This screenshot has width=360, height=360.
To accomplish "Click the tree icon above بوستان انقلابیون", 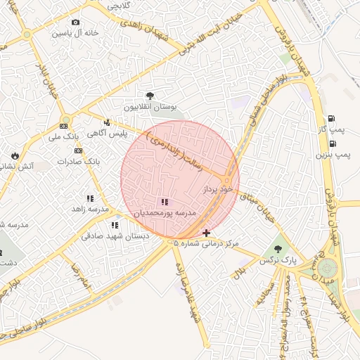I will pyautogui.click(x=149, y=96).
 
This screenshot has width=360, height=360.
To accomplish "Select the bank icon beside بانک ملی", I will pyautogui.click(x=65, y=126).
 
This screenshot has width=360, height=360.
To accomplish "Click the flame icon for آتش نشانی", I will pyautogui.click(x=15, y=155).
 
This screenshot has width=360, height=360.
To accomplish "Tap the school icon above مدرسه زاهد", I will pyautogui.click(x=90, y=199).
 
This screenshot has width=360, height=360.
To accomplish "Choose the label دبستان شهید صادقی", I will pyautogui.click(x=115, y=237).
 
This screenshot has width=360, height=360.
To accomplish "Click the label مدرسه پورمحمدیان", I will pyautogui.click(x=166, y=212).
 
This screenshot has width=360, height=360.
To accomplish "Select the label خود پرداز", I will pyautogui.click(x=217, y=191).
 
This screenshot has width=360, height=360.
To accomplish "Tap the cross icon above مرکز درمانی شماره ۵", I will pyautogui.click(x=206, y=232).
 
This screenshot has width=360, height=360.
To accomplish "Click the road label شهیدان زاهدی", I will pyautogui.click(x=143, y=27).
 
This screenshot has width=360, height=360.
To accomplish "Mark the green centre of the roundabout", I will pyautogui.click(x=327, y=268).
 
